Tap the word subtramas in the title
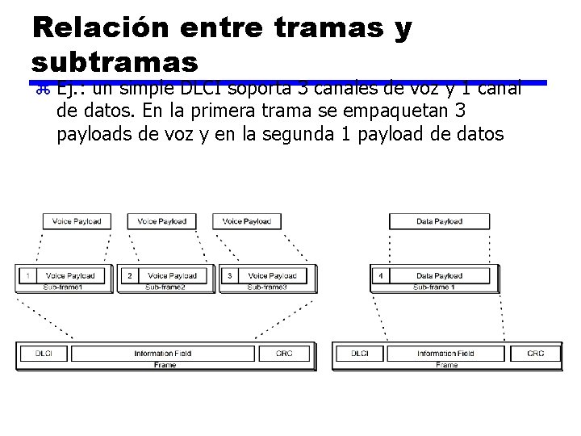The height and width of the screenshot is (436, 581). pos(115,61)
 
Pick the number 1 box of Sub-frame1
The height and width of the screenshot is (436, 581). pos(27,275)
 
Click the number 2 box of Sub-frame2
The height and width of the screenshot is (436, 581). pos(129,275)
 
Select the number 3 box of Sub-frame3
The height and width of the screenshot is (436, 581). pos(230,275)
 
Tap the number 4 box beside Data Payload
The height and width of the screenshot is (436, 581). pos(380,275)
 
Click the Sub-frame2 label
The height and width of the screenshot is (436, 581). pos(165,287)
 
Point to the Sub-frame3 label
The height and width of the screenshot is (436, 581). pos(267,287)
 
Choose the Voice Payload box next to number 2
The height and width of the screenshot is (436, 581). pos(172,275)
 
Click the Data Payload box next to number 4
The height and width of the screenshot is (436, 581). pos(439,275)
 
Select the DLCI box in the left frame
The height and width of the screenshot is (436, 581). pos(45,354)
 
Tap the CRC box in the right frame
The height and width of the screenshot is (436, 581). pos(535,354)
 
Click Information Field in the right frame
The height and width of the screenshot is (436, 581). pos(446,354)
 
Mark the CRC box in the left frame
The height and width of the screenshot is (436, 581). pos(284,354)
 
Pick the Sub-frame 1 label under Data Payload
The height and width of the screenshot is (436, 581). pos(434,287)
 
